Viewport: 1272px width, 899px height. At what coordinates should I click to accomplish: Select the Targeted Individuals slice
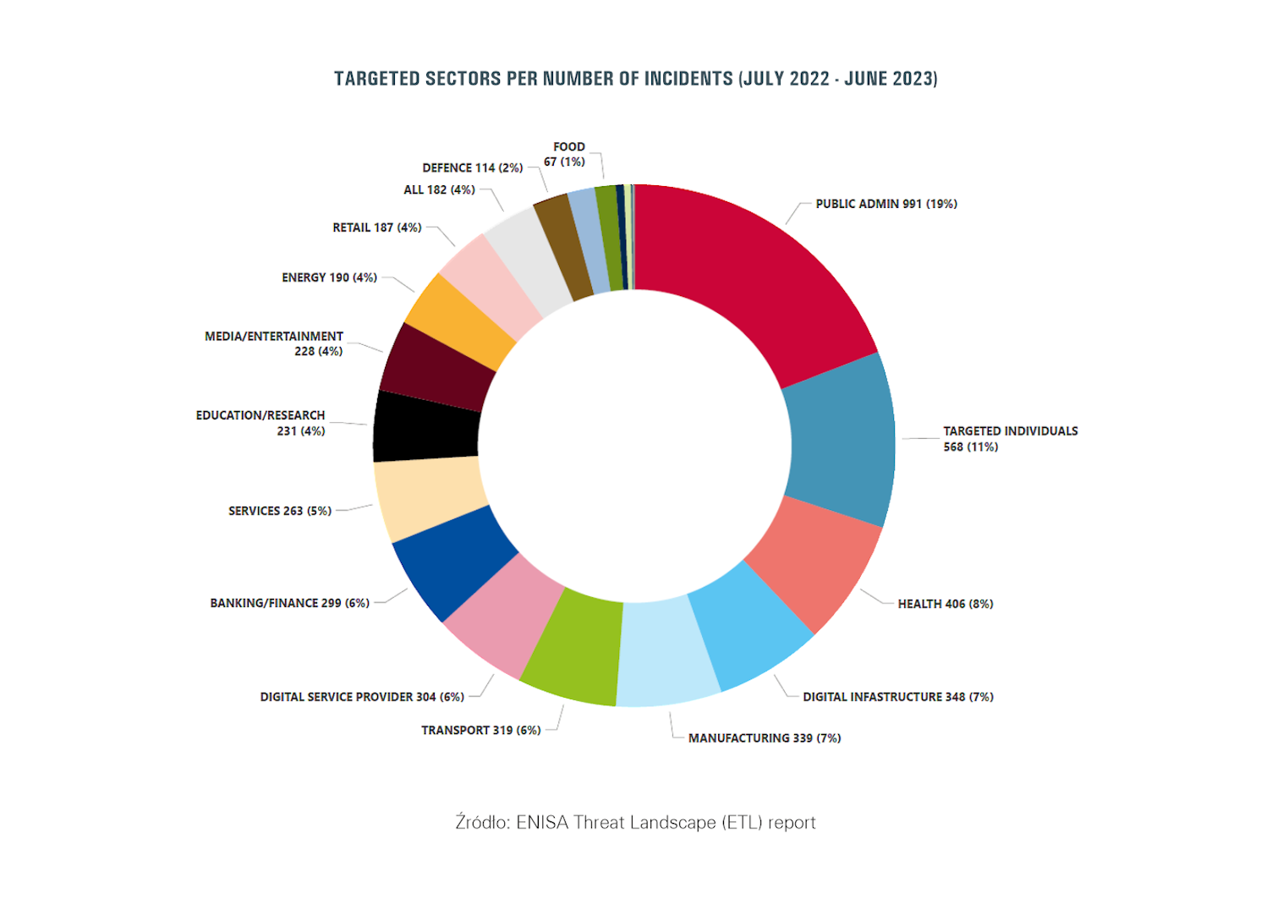click(x=842, y=440)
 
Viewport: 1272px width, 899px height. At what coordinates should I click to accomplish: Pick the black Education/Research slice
click(x=427, y=427)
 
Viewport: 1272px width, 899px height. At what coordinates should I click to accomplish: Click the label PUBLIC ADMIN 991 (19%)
click(x=885, y=204)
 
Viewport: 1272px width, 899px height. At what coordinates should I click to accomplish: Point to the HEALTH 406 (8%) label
click(x=945, y=604)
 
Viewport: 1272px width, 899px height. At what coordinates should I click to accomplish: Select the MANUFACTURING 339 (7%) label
click(x=764, y=738)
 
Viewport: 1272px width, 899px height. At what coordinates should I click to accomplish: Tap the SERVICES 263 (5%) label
click(x=279, y=511)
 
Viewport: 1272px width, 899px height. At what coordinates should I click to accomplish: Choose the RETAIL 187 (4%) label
click(x=376, y=227)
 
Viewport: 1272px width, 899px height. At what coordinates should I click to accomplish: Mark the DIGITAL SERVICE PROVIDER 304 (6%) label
click(x=361, y=697)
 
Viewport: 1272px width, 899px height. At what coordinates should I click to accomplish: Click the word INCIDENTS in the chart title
click(x=688, y=79)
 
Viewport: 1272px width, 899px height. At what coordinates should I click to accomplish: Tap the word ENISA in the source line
click(x=541, y=822)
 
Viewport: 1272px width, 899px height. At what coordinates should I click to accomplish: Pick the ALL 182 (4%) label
click(x=439, y=189)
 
